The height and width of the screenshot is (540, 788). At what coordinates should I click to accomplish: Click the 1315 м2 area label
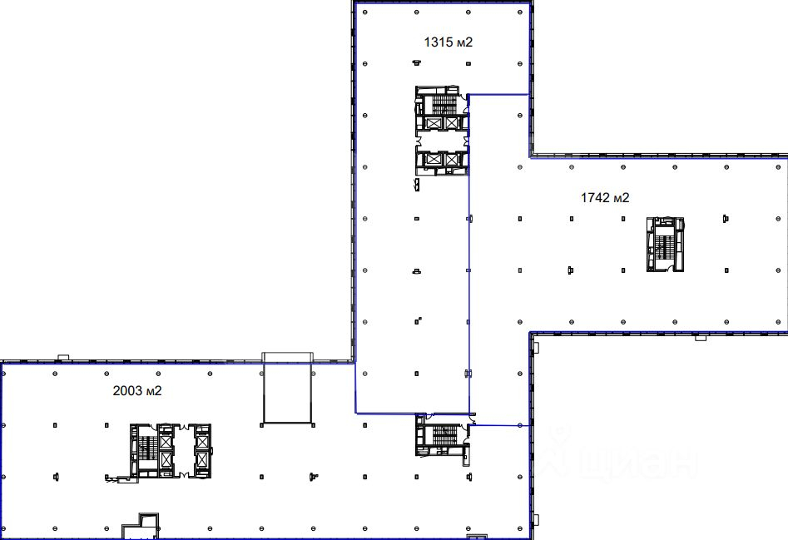449,42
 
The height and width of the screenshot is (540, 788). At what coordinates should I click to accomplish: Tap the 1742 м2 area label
605,198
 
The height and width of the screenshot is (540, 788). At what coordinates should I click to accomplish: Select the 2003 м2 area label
137,391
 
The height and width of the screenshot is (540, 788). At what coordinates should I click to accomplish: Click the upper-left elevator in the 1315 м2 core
433,122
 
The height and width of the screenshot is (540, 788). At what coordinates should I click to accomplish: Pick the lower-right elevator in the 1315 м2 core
451,160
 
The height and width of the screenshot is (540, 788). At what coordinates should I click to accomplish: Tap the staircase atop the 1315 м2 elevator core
444,105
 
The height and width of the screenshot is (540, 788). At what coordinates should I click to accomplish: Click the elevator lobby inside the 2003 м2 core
183,451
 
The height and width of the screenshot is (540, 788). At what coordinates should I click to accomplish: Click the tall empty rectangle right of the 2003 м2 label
287,393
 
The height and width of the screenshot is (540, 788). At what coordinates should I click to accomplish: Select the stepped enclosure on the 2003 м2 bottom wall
141,526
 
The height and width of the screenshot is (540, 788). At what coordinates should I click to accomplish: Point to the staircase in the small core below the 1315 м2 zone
444,435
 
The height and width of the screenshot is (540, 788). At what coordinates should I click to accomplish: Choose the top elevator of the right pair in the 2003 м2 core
202,442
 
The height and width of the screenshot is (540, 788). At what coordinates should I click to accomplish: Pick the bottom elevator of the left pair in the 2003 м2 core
166,459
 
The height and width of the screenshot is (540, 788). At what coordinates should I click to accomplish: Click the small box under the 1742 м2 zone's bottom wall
701,338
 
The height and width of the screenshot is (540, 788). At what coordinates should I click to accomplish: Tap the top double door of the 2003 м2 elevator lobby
183,427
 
